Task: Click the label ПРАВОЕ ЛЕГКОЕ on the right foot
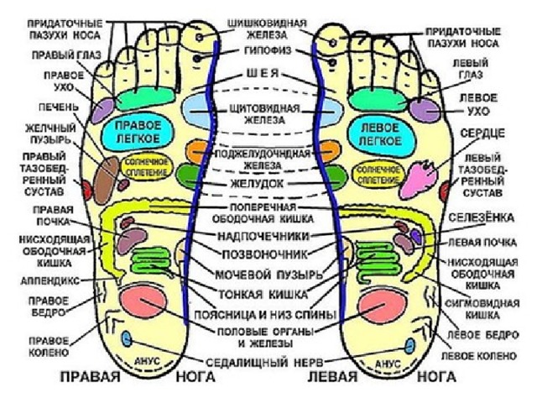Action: pos(137,131)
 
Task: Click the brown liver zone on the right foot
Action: pos(107,175)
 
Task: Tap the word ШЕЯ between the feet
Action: pos(262,73)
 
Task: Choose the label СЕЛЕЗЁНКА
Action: pos(487,217)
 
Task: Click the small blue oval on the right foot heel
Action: pos(128,338)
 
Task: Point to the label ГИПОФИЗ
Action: pos(262,50)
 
